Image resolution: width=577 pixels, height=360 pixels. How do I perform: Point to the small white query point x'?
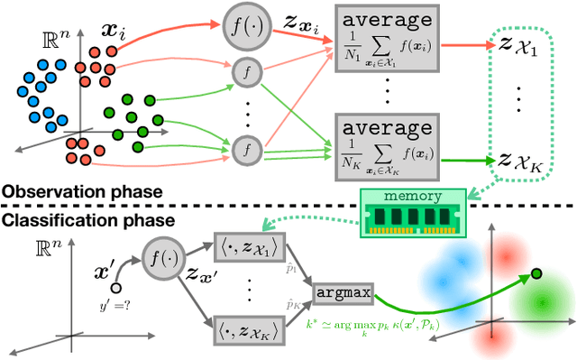[x=117, y=288]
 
